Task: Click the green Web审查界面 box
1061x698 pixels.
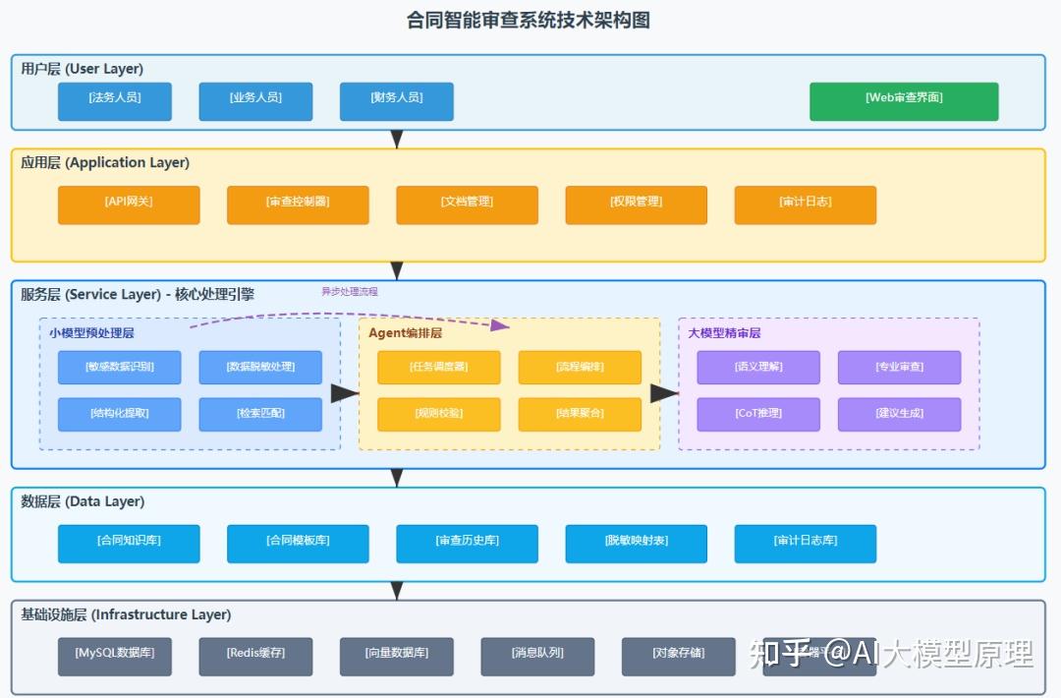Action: pyautogui.click(x=904, y=101)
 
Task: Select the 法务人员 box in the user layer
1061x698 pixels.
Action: pyautogui.click(x=115, y=101)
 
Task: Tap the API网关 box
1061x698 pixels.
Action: pyautogui.click(x=129, y=204)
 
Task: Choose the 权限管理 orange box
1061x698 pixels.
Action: pyautogui.click(x=636, y=204)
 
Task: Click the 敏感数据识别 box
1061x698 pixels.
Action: pyautogui.click(x=119, y=368)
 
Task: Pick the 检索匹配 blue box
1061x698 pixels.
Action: pyautogui.click(x=260, y=414)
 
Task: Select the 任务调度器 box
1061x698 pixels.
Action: pyautogui.click(x=439, y=368)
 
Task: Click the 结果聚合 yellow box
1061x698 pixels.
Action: pyautogui.click(x=580, y=414)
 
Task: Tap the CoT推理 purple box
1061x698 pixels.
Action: pyautogui.click(x=758, y=414)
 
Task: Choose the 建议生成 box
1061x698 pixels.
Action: pyautogui.click(x=899, y=414)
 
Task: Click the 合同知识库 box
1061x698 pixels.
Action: pyautogui.click(x=129, y=543)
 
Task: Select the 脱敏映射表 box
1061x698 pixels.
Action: pyautogui.click(x=636, y=543)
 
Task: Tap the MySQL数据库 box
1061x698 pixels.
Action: pyautogui.click(x=115, y=656)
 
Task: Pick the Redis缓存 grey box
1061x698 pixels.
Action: pyautogui.click(x=255, y=656)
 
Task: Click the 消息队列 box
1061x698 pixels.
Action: pyautogui.click(x=537, y=656)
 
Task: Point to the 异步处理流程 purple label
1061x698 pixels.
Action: pyautogui.click(x=349, y=292)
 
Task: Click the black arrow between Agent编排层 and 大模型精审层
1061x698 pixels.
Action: pyautogui.click(x=665, y=393)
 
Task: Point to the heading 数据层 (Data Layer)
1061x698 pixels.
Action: pyautogui.click(x=83, y=501)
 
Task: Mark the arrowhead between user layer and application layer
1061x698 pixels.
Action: pyautogui.click(x=397, y=139)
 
